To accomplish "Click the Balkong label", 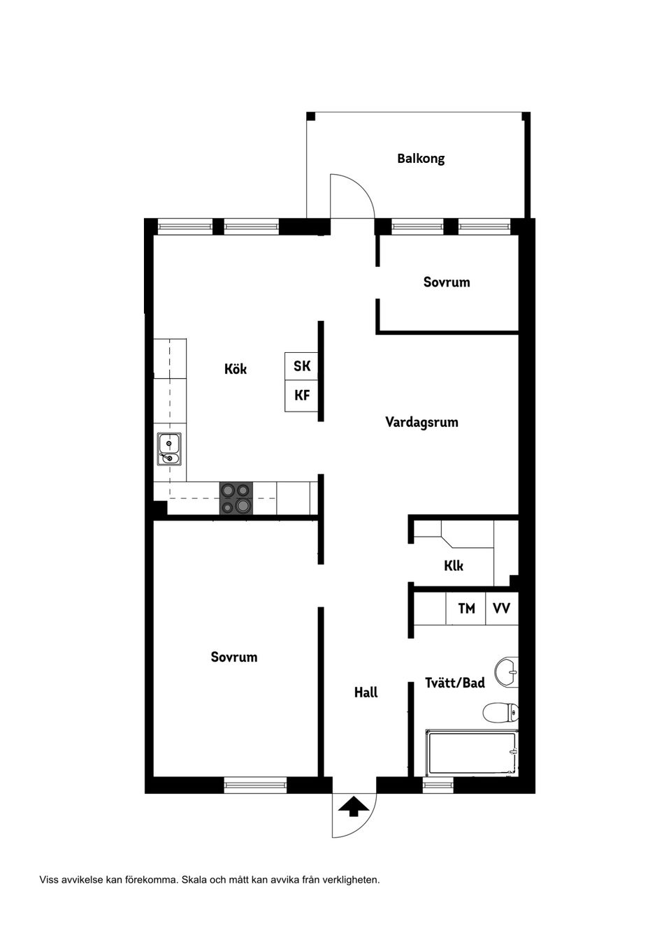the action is (421, 159).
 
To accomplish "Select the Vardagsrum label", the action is (421, 422).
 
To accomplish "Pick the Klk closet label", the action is (454, 565).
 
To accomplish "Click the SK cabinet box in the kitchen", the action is (301, 366).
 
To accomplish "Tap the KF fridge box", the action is (301, 396).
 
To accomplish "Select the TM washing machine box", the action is (466, 609).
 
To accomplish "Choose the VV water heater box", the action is (502, 609).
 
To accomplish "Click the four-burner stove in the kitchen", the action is (236, 498).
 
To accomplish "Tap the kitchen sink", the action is (169, 449).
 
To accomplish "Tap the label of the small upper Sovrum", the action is (447, 282).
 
